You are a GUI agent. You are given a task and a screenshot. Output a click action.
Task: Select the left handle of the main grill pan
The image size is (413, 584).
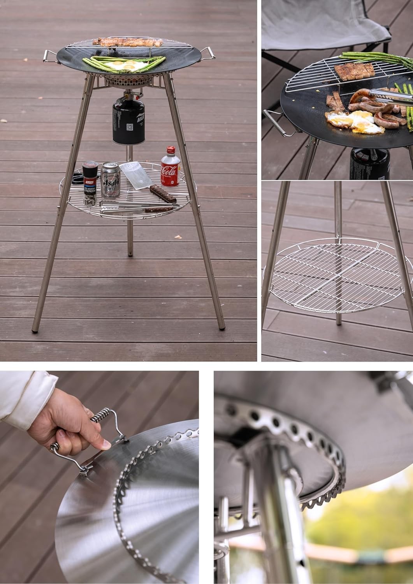(50, 56)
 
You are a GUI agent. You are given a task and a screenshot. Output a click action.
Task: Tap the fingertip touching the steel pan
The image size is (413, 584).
(105, 444)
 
